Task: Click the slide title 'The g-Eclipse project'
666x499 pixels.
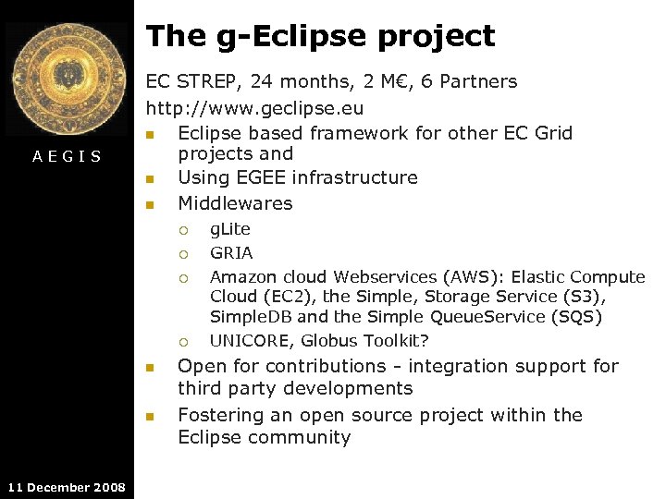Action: (320, 36)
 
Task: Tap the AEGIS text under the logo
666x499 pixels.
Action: (67, 156)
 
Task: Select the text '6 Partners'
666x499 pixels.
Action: (469, 81)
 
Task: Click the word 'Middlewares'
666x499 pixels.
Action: (235, 203)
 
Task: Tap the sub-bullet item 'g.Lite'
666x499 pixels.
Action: (230, 229)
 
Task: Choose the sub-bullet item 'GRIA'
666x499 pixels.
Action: (231, 252)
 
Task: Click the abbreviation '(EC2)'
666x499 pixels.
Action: (289, 297)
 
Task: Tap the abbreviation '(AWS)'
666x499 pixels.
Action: (467, 276)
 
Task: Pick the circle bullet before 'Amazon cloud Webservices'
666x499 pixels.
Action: (184, 277)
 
